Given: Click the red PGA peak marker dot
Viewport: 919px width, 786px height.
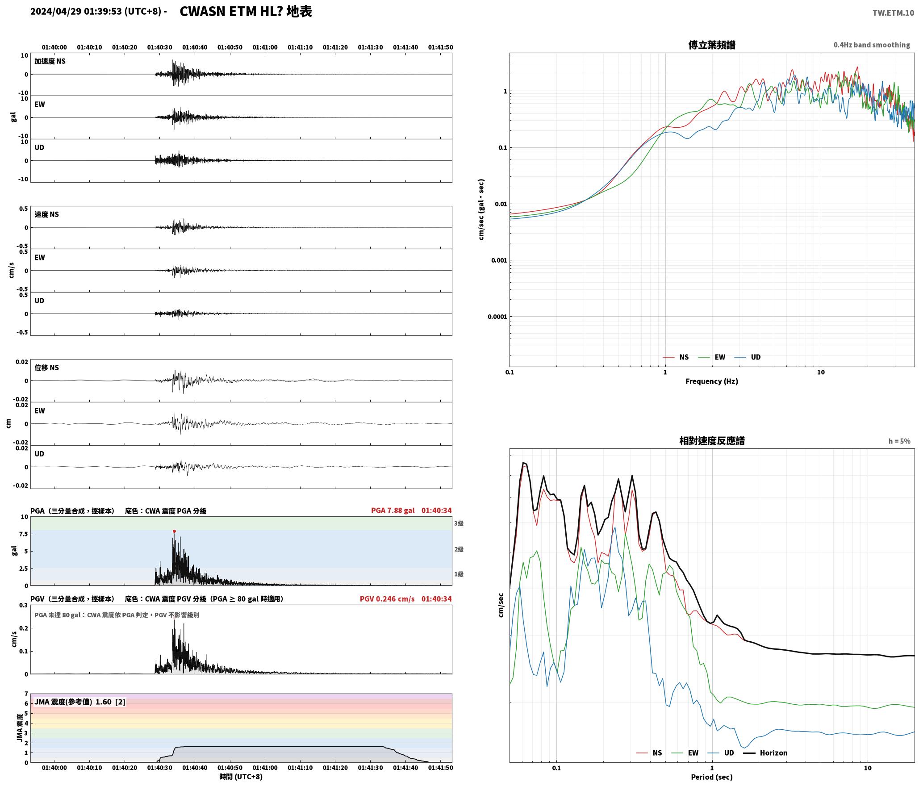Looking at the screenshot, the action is (x=174, y=531).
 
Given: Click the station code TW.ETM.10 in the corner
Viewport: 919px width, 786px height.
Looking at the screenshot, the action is (x=893, y=13).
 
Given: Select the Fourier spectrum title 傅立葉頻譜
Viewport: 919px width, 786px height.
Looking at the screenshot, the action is (x=712, y=45).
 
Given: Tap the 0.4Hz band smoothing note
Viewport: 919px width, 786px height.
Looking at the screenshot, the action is (x=872, y=45).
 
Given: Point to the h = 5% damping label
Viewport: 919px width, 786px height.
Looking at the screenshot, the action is (x=899, y=441).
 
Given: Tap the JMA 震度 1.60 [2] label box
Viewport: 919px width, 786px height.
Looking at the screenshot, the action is (x=80, y=702).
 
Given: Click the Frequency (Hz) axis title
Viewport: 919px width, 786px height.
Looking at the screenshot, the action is (x=712, y=381).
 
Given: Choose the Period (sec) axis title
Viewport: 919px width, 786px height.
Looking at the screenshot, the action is (x=712, y=777).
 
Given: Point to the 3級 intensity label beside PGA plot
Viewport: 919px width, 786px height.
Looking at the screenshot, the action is (x=459, y=523).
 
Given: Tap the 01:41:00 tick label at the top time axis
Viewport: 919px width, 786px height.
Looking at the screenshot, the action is (x=265, y=47).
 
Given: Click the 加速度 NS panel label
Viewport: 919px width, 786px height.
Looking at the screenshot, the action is (x=50, y=61).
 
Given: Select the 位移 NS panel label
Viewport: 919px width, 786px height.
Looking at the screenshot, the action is (x=46, y=368).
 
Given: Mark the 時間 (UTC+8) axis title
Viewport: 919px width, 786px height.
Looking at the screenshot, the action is (x=241, y=777).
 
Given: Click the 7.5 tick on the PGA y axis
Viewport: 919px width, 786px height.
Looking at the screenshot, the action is (x=23, y=534).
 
